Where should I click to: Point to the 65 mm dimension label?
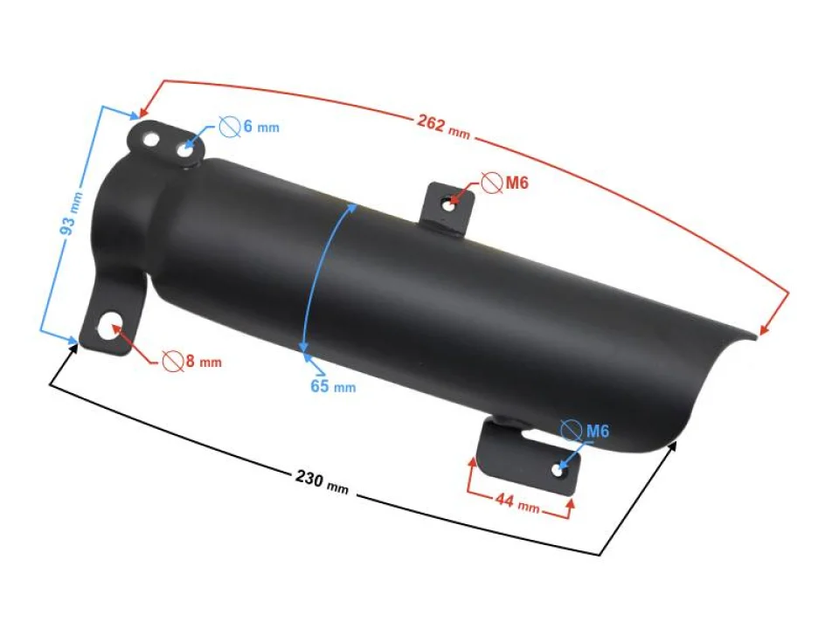coord(333,385)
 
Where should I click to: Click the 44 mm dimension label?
coord(517,502)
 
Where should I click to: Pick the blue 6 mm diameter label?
coord(260,127)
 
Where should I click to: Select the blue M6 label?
coord(597,431)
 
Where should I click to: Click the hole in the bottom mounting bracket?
coord(558,470)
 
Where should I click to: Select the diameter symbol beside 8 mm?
coord(172,360)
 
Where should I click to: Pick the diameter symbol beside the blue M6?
coord(571,431)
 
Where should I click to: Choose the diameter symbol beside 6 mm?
coord(230,127)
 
